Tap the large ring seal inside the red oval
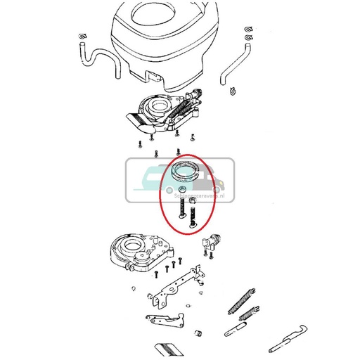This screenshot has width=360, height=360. [x=188, y=172]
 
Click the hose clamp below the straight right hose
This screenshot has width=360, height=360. [x=233, y=89]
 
